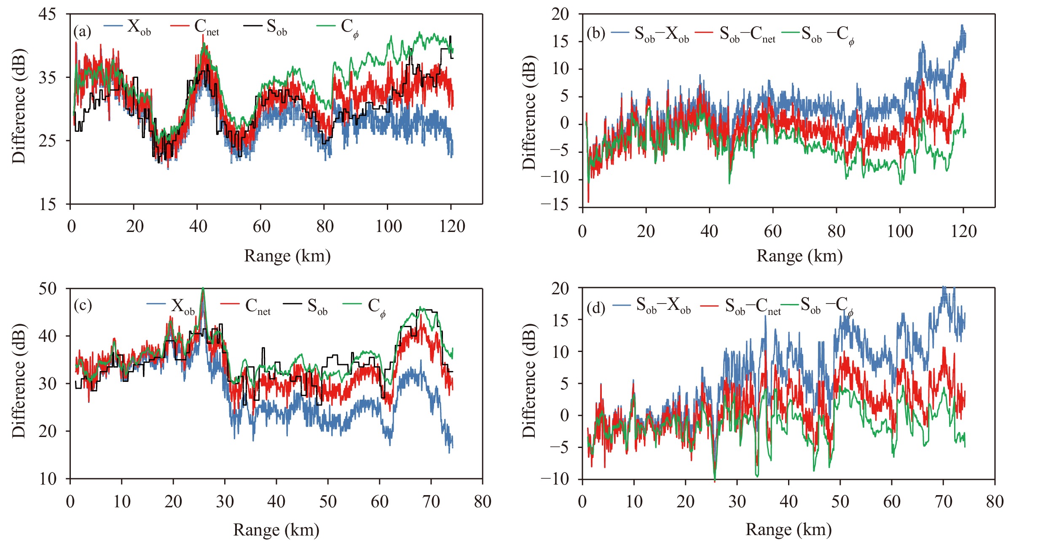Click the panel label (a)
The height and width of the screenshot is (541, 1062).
[x=82, y=32]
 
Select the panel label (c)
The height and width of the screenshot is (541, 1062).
[x=83, y=305]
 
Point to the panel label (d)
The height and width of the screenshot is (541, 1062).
[x=596, y=308]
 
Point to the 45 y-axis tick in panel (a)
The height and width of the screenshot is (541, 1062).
[x=47, y=14]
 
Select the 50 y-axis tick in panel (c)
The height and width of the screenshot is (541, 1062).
[x=47, y=289]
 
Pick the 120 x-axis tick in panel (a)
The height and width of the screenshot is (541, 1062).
[x=452, y=227]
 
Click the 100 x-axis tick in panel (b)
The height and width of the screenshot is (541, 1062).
[x=900, y=232]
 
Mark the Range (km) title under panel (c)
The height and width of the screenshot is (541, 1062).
[x=276, y=530]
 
